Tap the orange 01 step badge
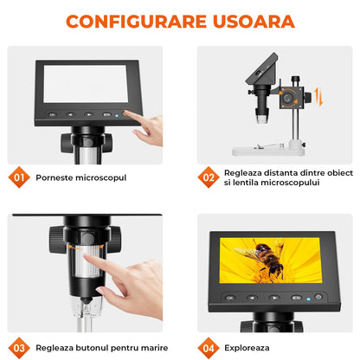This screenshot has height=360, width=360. click(19, 177)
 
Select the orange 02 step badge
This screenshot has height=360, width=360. click(208, 177)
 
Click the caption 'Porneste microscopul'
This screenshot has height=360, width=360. click(80, 177)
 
